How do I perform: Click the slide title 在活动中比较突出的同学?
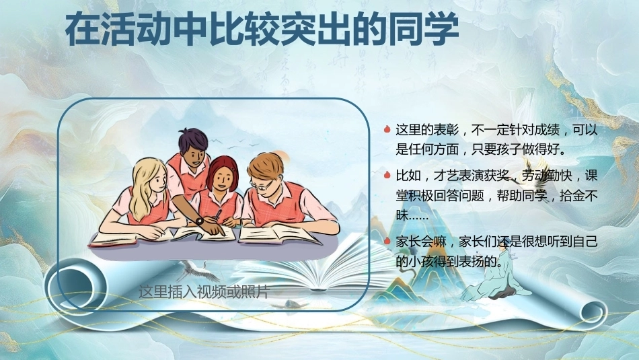tap(262, 30)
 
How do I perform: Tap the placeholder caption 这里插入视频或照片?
tap(204, 291)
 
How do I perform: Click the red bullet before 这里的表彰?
tap(387, 130)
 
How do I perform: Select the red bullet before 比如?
tap(387, 176)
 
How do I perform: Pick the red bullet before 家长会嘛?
tap(387, 241)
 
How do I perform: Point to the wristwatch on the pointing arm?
tap(199, 221)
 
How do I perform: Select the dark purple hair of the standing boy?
tap(193, 139)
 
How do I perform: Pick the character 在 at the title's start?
tap(82, 30)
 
